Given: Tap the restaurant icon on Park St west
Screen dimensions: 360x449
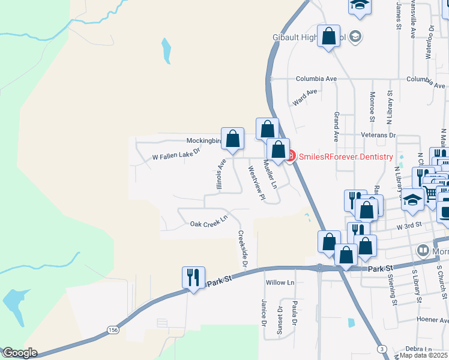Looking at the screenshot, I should (x=193, y=278).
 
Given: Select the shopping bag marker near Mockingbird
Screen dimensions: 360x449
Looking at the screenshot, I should (x=232, y=139).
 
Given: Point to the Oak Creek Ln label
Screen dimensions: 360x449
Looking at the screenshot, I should (x=209, y=222).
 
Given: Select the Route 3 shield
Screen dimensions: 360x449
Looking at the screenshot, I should (x=382, y=349).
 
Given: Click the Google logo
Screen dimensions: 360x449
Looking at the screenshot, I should (x=19, y=353).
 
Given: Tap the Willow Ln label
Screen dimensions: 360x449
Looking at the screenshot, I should (x=280, y=282).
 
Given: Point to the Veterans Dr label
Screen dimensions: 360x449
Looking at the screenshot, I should (x=378, y=136).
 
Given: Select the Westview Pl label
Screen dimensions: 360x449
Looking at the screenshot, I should (x=256, y=182).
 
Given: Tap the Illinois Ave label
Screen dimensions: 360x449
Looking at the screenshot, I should (x=221, y=173).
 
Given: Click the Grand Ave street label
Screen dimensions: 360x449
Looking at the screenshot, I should (x=337, y=122).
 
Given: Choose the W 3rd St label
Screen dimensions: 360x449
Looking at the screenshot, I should (x=409, y=226).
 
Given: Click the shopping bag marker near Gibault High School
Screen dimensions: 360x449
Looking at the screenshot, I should (x=329, y=37).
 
